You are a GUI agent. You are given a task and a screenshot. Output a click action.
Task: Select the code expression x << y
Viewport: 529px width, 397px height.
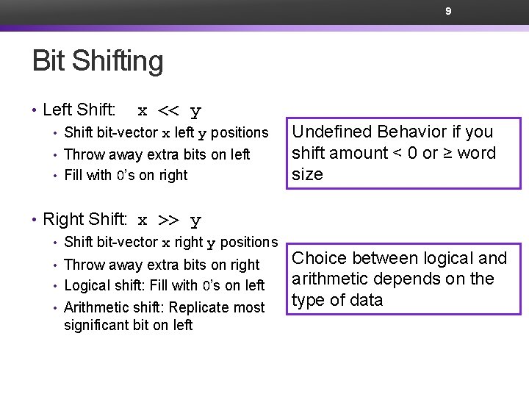[x=170, y=111]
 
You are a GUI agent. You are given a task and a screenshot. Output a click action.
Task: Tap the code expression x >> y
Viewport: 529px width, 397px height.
[x=170, y=220]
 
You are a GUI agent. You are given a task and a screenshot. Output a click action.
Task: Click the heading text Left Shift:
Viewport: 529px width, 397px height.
[x=79, y=110]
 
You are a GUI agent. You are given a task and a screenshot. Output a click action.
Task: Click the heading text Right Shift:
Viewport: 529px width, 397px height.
[x=85, y=219]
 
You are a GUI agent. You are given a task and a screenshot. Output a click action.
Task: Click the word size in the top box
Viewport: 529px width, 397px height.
[x=307, y=174]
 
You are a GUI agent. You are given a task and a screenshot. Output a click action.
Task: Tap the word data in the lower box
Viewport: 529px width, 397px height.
[x=367, y=300]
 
